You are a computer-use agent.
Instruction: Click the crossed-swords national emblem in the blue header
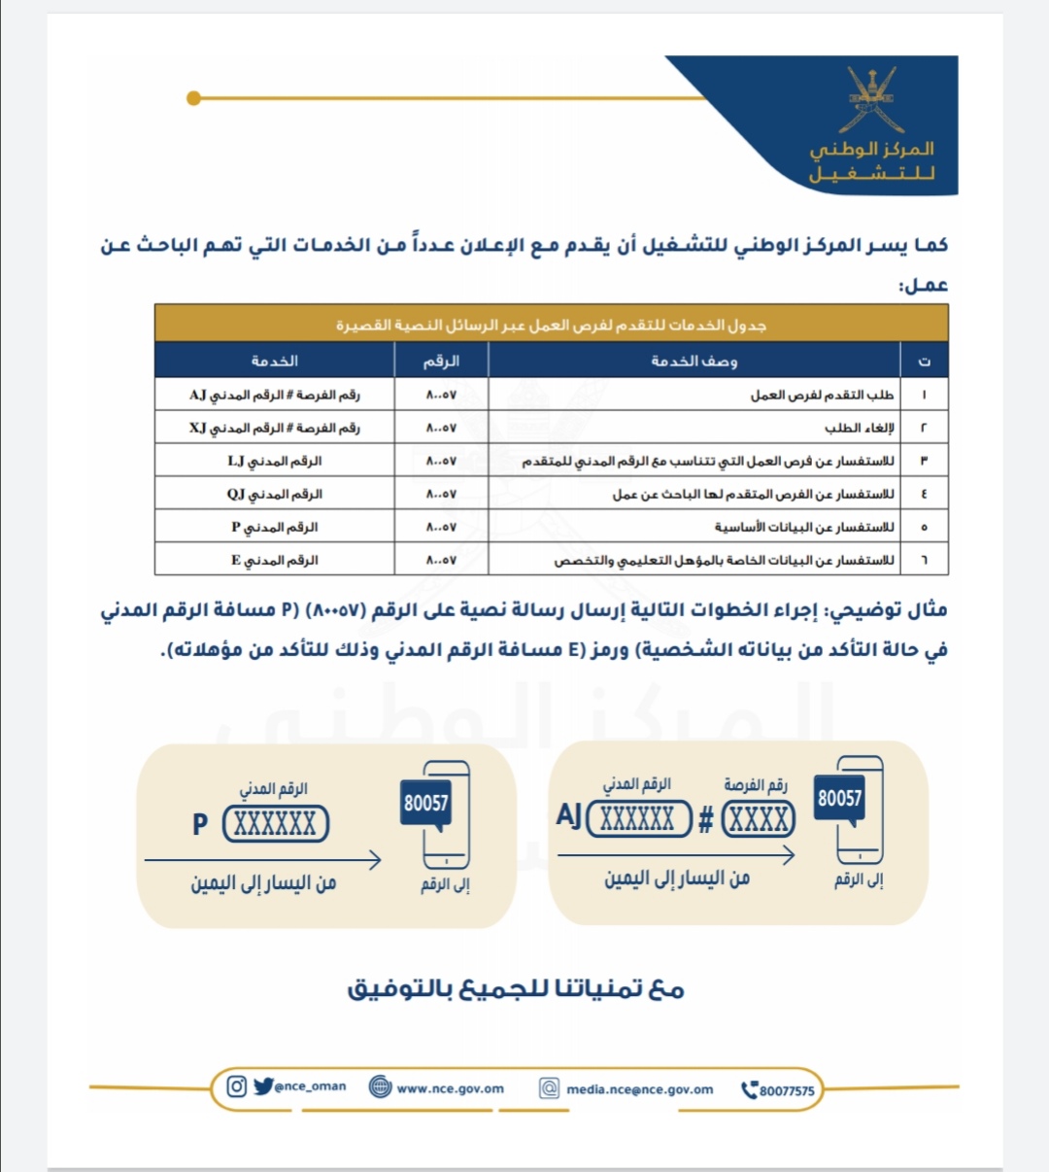pos(871,100)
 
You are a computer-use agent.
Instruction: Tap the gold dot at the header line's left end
pos(193,98)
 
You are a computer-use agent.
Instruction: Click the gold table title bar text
pos(551,325)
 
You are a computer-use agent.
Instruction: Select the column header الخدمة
pos(275,361)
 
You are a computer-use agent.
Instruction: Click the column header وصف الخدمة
pos(694,361)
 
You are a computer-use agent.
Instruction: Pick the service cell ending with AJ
pos(275,395)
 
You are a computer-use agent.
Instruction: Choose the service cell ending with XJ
pos(275,428)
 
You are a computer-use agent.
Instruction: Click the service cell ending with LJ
pos(275,461)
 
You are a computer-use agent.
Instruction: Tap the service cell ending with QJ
pos(275,494)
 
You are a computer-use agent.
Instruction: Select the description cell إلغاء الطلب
pos(859,428)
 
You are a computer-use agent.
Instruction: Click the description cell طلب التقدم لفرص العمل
pos(822,395)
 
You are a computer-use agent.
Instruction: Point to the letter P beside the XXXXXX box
pos(200,825)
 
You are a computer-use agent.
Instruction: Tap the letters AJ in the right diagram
pos(569,815)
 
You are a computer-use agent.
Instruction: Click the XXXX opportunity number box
pos(759,819)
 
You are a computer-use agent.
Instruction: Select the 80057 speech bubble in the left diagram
pos(426,804)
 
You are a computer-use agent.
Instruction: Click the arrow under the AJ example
pos(676,855)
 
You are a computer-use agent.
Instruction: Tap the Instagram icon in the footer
pos(236,1086)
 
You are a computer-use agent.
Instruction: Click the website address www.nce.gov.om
pos(450,1088)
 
